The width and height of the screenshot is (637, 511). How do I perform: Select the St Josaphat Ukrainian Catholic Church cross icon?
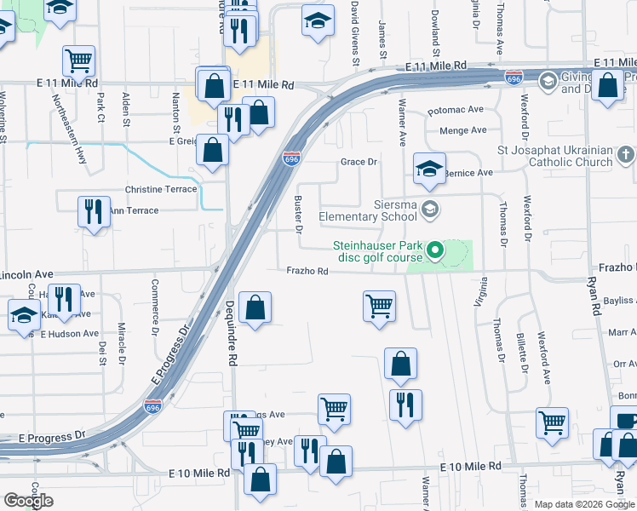tap(625, 155)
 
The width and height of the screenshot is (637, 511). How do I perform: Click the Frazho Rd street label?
tap(307, 271)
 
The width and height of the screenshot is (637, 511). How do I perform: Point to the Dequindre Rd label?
tap(231, 333)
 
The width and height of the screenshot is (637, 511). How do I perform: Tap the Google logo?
tap(29, 501)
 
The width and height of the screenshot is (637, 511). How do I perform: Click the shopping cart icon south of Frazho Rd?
tap(378, 306)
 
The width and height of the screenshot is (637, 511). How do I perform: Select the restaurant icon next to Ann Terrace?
tap(94, 211)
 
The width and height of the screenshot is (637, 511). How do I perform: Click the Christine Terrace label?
tap(161, 189)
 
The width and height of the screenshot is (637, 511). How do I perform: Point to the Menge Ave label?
tap(462, 130)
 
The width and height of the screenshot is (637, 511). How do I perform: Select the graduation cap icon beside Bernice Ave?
tap(429, 168)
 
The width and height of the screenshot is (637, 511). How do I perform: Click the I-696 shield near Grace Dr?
tap(291, 158)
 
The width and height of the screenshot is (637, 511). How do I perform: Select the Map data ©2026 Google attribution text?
tap(585, 504)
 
